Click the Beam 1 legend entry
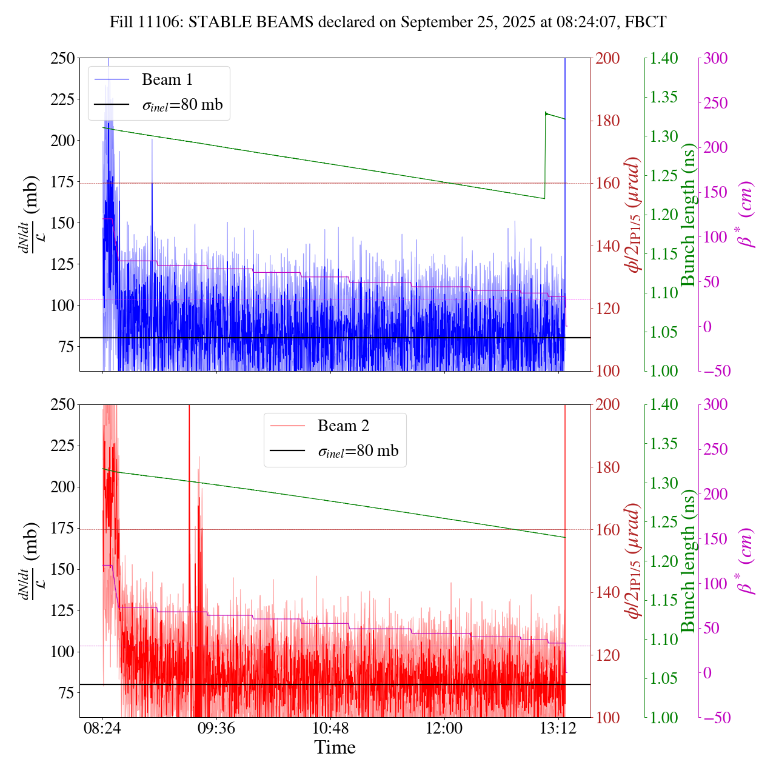click(x=167, y=80)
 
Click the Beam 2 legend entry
click(x=343, y=426)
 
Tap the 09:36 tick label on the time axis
click(x=216, y=727)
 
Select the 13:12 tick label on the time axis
click(x=558, y=727)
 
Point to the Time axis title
click(x=335, y=748)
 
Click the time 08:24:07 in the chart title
click(x=600, y=22)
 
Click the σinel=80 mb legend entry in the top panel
click(x=182, y=105)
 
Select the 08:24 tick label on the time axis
click(x=102, y=727)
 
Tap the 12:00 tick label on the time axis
click(x=444, y=727)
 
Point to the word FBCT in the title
click(x=646, y=22)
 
